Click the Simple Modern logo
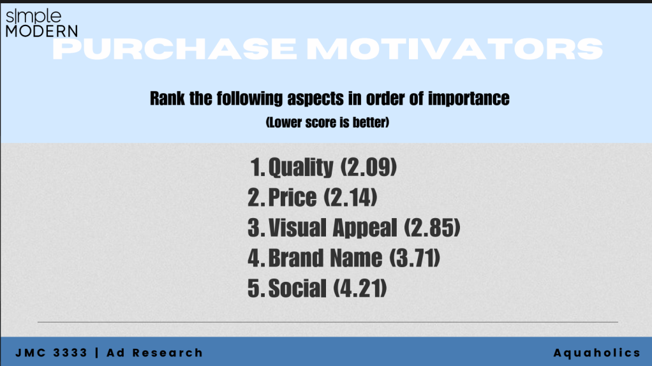[41, 23]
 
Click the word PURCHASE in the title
[175, 48]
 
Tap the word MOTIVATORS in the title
[455, 48]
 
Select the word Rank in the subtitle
[167, 98]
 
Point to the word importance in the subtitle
[469, 99]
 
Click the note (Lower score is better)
[328, 122]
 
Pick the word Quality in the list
[300, 168]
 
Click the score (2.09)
[369, 167]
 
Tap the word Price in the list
[292, 197]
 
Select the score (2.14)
[350, 197]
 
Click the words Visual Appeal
[332, 228]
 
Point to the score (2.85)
[432, 228]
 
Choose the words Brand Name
[325, 258]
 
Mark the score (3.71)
[415, 258]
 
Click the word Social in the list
[297, 288]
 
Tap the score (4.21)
[360, 288]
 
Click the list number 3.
[253, 228]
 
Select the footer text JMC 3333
[51, 353]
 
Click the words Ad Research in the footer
[154, 353]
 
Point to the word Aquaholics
[596, 353]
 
